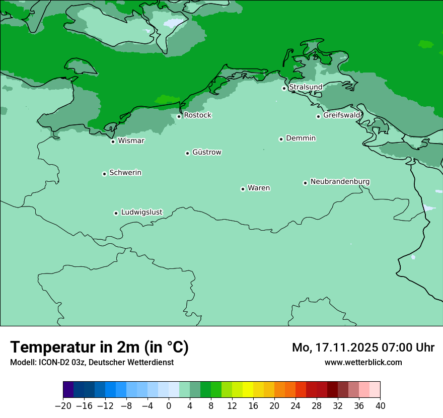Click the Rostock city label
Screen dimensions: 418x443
pyautogui.click(x=197, y=115)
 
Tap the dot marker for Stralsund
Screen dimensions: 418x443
pyautogui.click(x=284, y=88)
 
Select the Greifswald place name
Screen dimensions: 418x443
pyautogui.click(x=341, y=115)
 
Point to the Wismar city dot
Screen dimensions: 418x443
pyautogui.click(x=113, y=142)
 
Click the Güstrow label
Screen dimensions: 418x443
pyautogui.click(x=206, y=152)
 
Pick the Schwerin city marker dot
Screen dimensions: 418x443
pyautogui.click(x=104, y=174)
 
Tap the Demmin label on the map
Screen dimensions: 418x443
pyautogui.click(x=301, y=138)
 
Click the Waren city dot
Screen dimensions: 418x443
pyautogui.click(x=243, y=189)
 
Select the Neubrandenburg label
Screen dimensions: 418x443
pyautogui.click(x=340, y=181)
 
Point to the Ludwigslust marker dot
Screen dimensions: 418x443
pyautogui.click(x=116, y=213)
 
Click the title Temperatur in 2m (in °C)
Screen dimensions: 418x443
pyautogui.click(x=99, y=347)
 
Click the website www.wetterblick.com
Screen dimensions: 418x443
pyautogui.click(x=363, y=362)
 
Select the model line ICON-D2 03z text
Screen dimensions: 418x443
pyautogui.click(x=92, y=362)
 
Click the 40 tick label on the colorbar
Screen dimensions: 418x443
pyautogui.click(x=380, y=406)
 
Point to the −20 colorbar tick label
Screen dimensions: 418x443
pyautogui.click(x=63, y=406)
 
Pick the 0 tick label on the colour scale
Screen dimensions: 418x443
pyautogui.click(x=169, y=406)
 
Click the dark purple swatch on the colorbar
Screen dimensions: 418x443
pyautogui.click(x=68, y=390)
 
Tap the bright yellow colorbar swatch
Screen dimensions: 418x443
pyautogui.click(x=248, y=390)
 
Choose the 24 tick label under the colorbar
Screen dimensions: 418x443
pyautogui.click(x=296, y=406)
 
